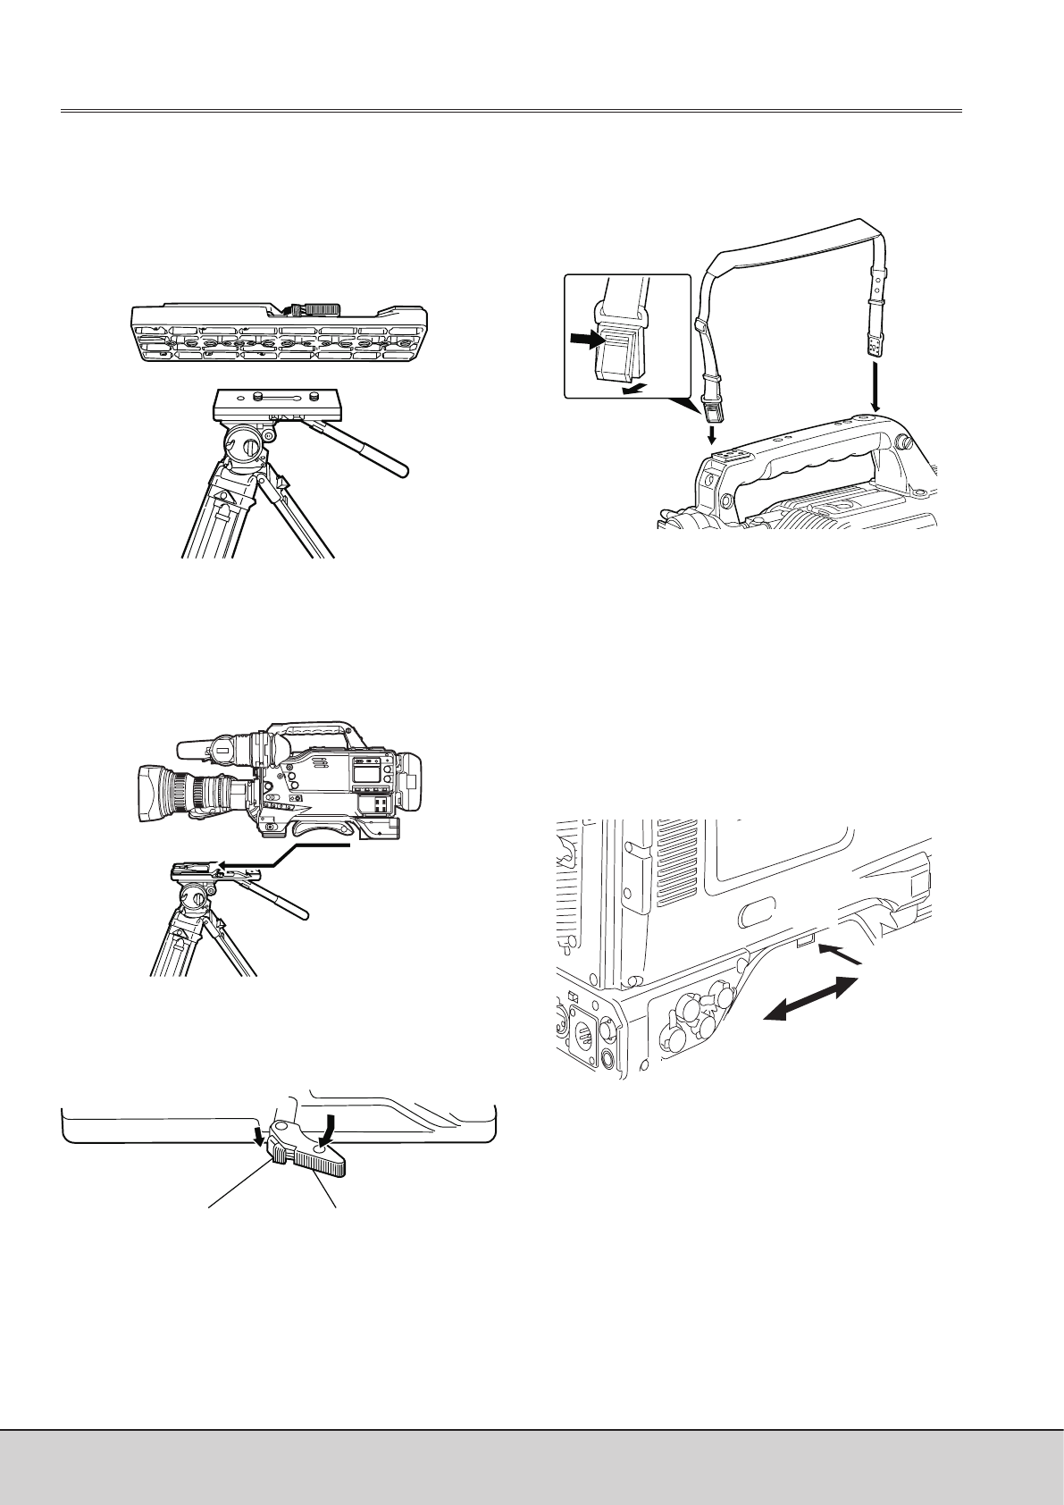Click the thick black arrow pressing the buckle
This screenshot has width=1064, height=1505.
click(x=588, y=340)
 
